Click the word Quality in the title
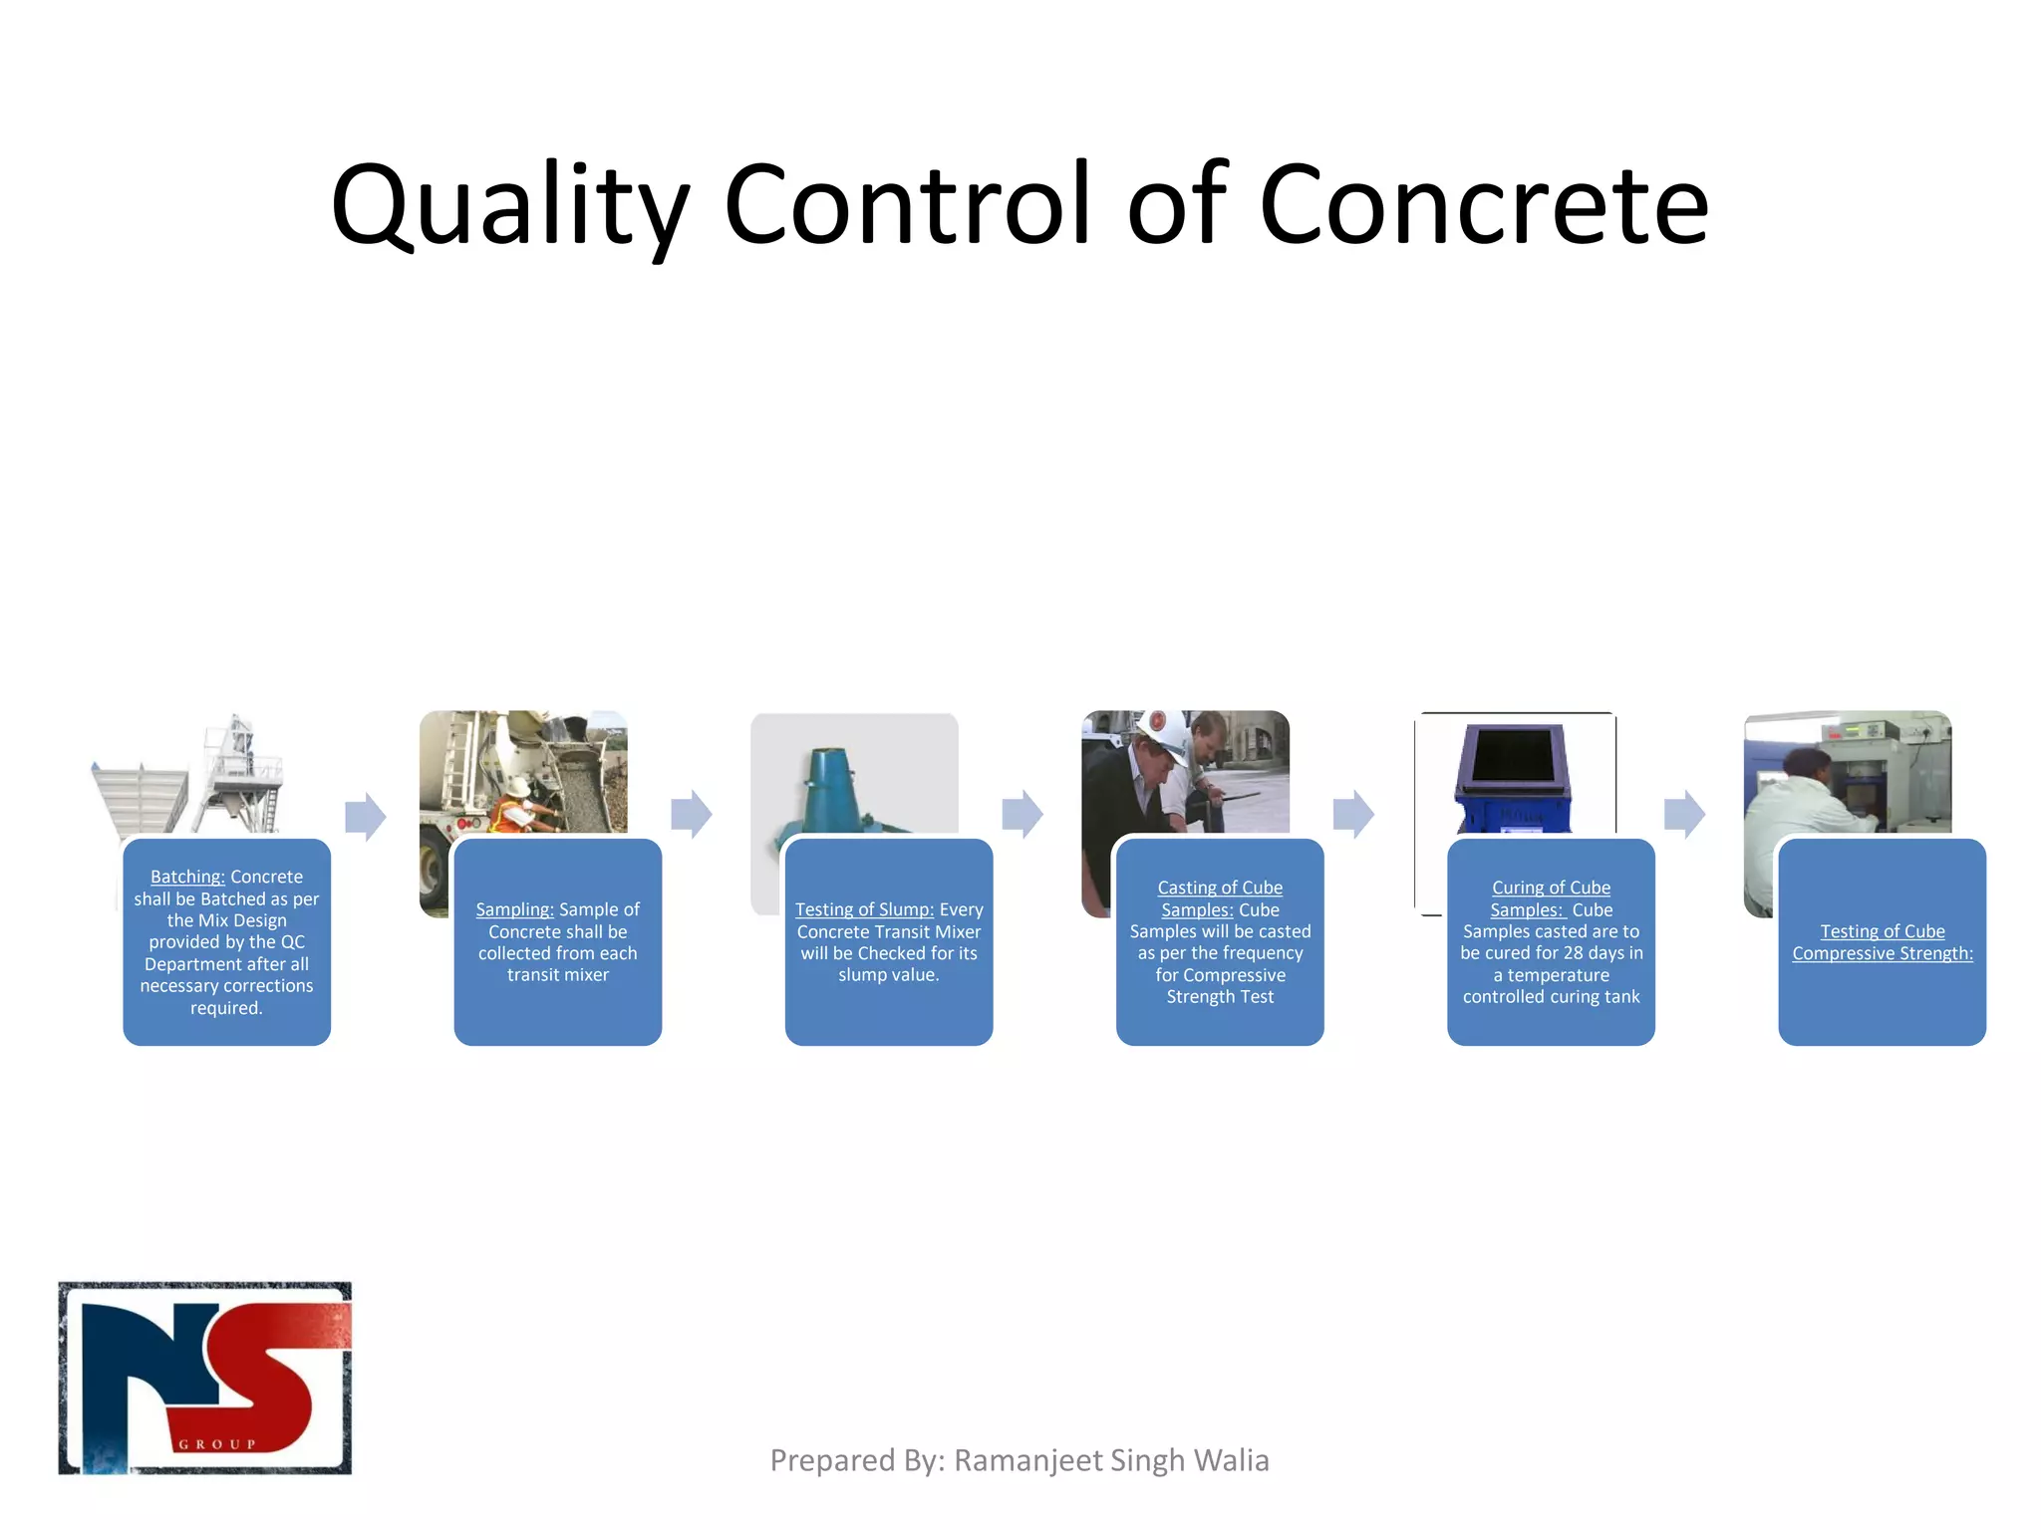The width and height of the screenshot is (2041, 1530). pos(509,205)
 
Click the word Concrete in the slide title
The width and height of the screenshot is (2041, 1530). pos(1484,205)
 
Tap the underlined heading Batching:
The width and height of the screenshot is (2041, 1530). pos(187,877)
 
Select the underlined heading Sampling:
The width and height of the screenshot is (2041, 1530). pos(514,909)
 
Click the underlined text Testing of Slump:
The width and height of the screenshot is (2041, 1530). pos(864,909)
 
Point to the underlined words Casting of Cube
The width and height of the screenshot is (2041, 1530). pos(1220,888)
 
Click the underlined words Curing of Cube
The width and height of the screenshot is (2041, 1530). pos(1551,888)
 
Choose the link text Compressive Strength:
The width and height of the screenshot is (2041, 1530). pos(1882,953)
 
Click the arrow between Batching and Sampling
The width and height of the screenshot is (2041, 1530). pos(365,817)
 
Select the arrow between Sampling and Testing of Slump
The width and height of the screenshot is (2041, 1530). pos(692,815)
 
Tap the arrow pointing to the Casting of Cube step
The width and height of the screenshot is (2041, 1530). pos(1022,815)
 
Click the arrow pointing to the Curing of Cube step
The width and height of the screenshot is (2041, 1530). pos(1353,815)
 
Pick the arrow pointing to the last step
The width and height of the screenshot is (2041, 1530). pos(1684,815)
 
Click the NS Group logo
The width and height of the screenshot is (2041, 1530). pos(205,1378)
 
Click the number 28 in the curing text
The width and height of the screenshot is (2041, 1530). pos(1573,953)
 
